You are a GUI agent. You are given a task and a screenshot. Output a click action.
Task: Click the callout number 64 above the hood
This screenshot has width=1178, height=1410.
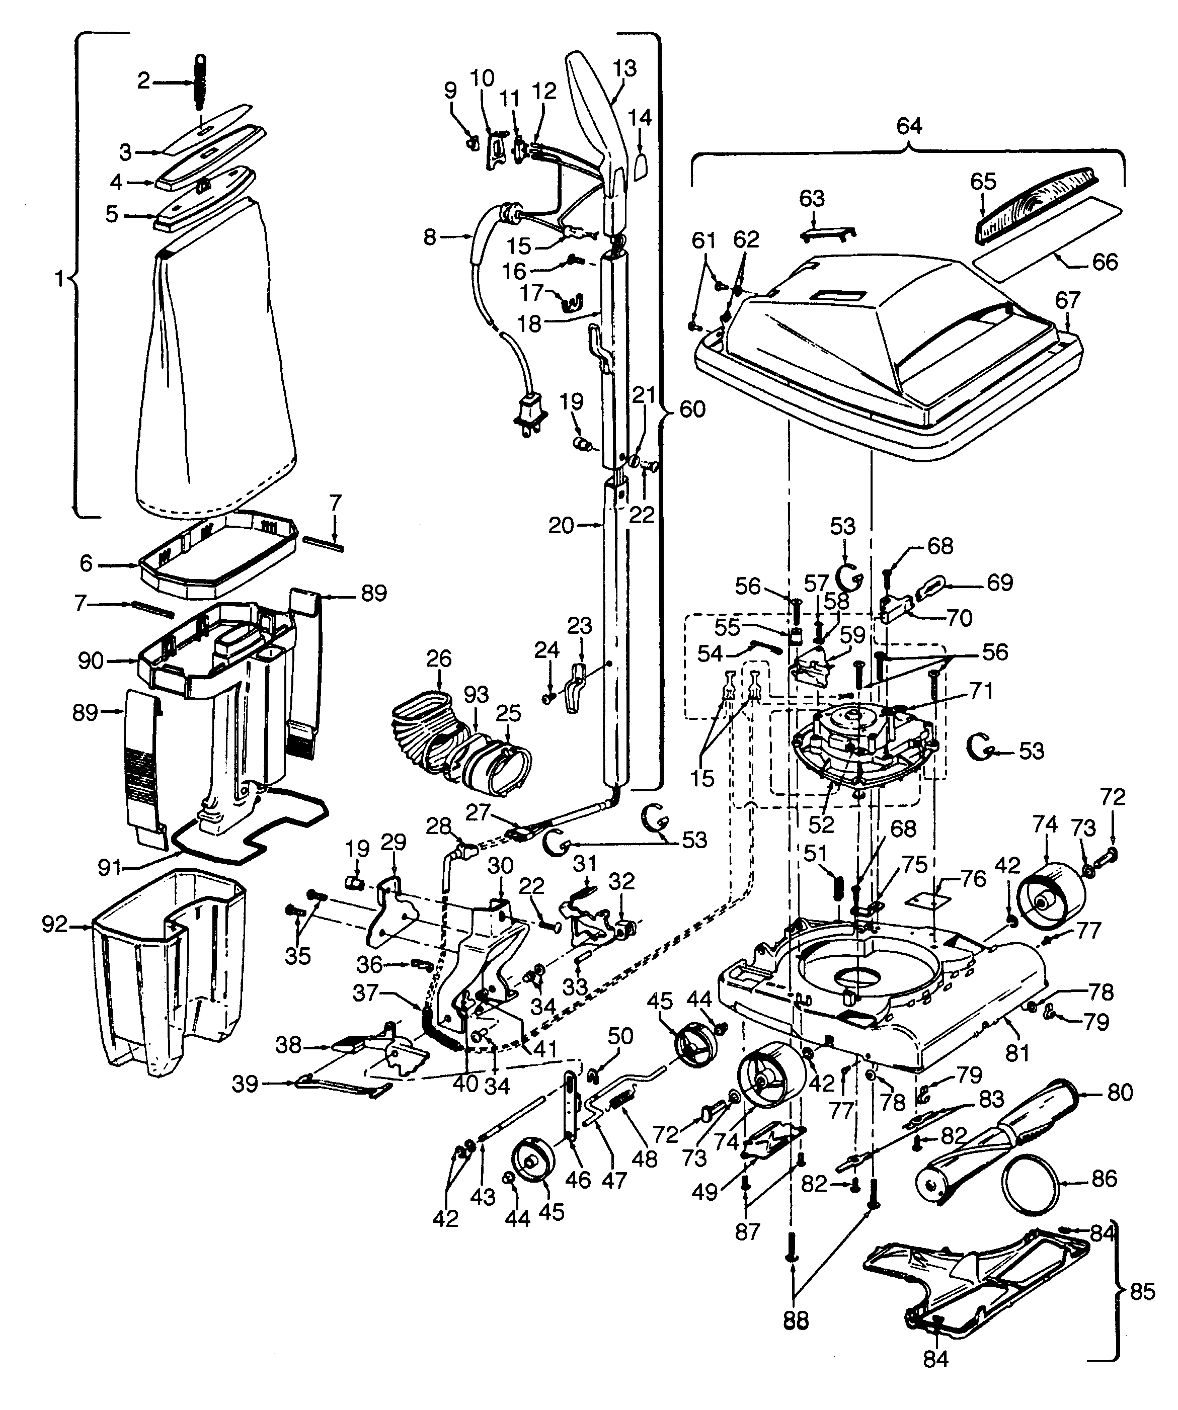point(909,126)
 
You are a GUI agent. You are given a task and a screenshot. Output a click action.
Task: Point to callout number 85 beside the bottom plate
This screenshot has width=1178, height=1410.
point(1142,1291)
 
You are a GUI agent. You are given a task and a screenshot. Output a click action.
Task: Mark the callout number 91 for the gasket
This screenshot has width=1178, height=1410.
point(110,868)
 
